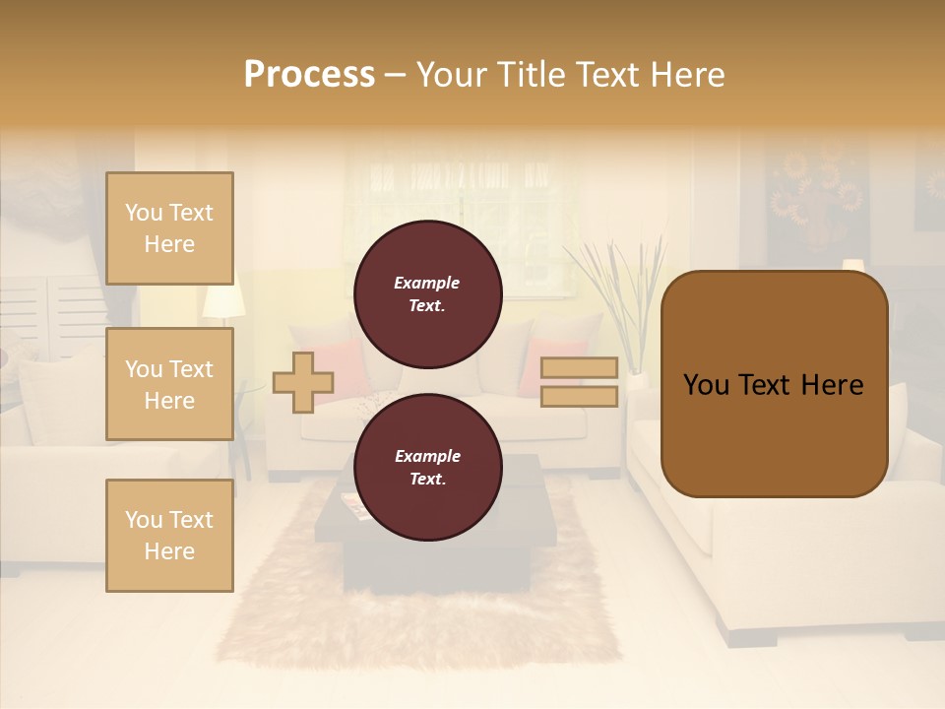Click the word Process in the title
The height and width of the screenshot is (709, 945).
309,75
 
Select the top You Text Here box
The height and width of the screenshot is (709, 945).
169,228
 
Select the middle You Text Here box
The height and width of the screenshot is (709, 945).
169,384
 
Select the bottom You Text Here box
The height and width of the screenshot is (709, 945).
169,536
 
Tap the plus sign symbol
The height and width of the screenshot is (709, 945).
303,382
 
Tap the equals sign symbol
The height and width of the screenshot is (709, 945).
579,382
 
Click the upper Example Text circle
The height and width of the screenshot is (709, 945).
428,293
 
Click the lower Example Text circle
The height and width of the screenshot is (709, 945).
428,467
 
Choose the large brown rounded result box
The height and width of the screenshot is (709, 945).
774,384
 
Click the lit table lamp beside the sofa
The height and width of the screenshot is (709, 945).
223,296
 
